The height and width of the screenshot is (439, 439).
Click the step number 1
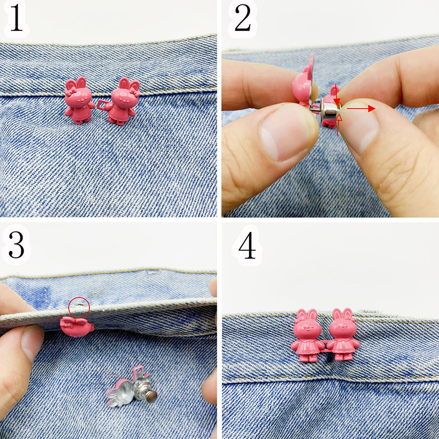16,19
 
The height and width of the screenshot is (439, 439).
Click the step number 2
243,18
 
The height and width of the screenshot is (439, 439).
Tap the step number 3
16,244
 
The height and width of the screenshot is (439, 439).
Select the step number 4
247,245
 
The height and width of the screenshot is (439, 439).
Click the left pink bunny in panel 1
78,100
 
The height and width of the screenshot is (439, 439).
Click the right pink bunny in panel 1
122,101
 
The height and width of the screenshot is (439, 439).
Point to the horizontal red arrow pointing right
361,108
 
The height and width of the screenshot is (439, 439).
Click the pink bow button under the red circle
77,327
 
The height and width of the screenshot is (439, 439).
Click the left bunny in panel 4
307,335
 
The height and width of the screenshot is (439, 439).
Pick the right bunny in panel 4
344,334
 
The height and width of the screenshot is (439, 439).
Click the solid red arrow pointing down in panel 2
337,95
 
